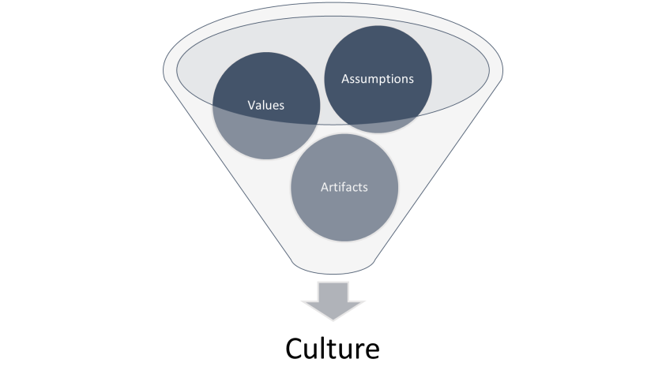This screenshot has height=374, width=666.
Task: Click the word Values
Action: [x=266, y=105]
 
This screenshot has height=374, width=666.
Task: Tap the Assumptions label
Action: [x=378, y=79]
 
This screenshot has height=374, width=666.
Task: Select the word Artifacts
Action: [x=344, y=187]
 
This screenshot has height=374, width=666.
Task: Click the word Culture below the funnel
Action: [x=333, y=349]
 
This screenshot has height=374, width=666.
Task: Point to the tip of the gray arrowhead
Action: [x=333, y=320]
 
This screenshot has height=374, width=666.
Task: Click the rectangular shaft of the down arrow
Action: [x=333, y=292]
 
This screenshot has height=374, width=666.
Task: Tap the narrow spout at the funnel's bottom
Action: [x=333, y=266]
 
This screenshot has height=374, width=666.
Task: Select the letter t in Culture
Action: [x=331, y=350]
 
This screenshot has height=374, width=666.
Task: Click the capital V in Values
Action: [x=252, y=105]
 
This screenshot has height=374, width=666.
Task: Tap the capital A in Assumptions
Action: [x=346, y=78]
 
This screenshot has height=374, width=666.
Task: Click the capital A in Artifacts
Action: [x=325, y=187]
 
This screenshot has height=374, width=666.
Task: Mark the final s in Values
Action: [x=281, y=107]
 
